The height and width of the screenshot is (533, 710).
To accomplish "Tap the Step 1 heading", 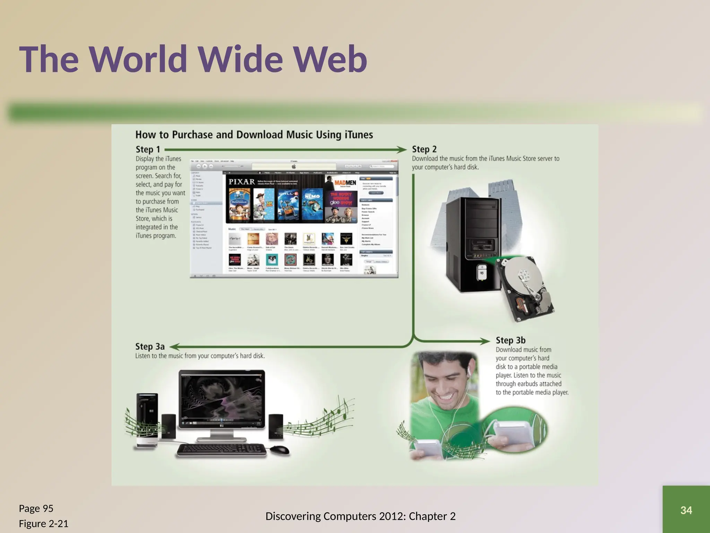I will pos(148,150).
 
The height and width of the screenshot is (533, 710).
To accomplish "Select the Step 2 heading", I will pos(424,149).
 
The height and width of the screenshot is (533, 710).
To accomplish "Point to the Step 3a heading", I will pos(150,346).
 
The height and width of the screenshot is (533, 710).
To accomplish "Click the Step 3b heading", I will pos(510,340).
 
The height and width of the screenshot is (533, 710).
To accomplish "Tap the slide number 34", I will pos(686,510).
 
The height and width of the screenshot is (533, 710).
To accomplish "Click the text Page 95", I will pos(36,508).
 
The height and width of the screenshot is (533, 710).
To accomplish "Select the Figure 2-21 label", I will pos(43,523).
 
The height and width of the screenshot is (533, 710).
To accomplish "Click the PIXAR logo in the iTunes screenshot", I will pos(242,181).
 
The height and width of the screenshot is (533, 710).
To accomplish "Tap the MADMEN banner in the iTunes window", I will pos(345,183).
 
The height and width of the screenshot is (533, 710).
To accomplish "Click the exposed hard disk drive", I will pos(525,288).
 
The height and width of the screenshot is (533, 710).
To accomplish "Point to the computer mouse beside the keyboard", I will pos(279,450).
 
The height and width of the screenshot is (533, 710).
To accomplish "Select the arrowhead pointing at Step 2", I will pos(402,150).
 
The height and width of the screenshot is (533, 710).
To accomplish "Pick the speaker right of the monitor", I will pos(276,426).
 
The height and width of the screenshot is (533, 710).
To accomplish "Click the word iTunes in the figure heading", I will pos(359,135).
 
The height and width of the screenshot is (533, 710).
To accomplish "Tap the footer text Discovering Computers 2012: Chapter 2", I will pos(360,516).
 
